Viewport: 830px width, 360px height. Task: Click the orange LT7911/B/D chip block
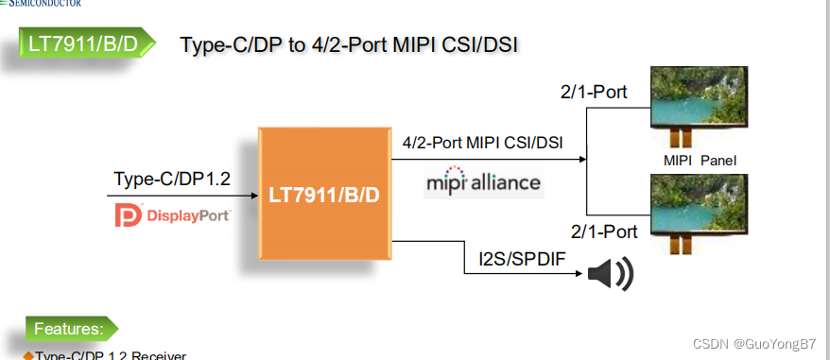pos(324,196)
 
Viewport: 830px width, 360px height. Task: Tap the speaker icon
pos(609,274)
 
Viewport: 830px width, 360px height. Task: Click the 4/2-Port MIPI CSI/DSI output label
pos(482,144)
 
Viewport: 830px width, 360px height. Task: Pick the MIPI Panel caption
pos(700,161)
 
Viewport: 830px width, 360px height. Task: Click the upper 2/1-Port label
pos(594,93)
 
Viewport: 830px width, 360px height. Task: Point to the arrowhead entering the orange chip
pos(254,196)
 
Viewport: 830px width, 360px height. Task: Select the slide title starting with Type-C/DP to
pos(349,44)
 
